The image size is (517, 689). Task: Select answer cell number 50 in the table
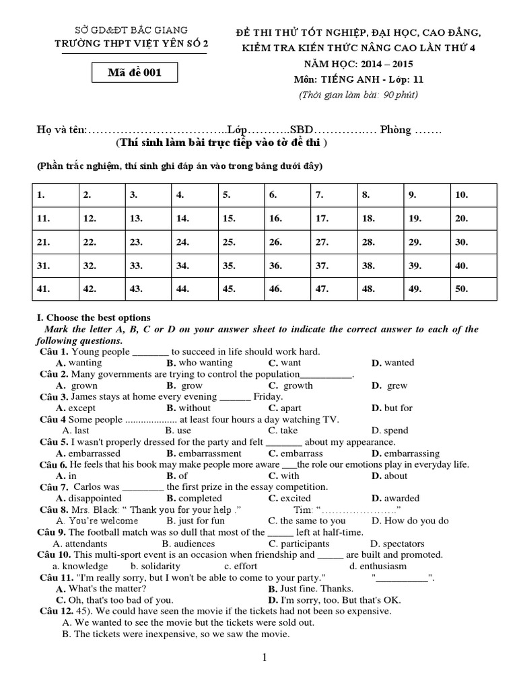474,289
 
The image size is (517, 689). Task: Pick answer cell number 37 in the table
335,266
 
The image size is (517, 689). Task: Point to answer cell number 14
194,219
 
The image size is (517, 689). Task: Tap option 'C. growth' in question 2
290,386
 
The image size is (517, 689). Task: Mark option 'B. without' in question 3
188,408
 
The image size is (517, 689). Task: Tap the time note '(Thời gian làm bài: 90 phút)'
358,94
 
